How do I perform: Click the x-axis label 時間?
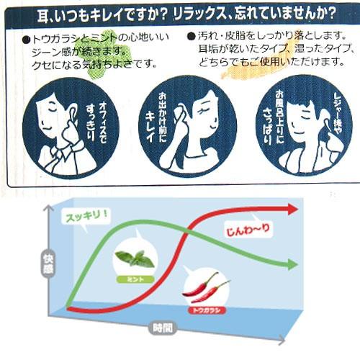161,328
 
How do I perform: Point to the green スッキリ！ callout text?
87,215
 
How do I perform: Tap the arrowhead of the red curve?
292,210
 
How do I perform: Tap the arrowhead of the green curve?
291,264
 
